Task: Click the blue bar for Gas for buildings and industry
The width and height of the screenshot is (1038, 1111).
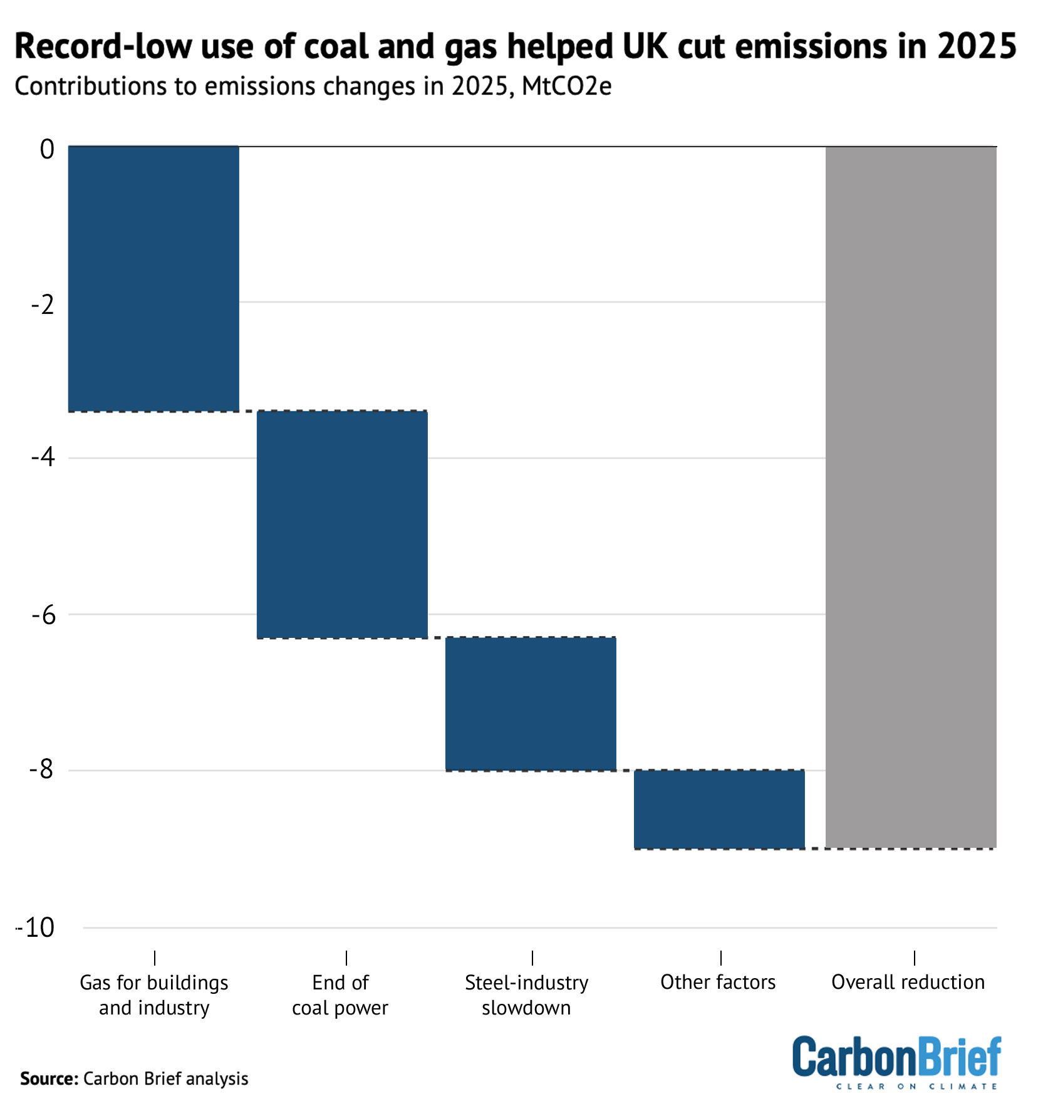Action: [x=153, y=279]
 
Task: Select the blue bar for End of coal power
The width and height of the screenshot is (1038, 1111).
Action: [x=342, y=524]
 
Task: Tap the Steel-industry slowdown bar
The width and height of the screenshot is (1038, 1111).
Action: [x=531, y=704]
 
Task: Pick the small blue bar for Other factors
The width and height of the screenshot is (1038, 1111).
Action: [x=719, y=809]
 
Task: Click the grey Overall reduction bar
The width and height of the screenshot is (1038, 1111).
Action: [x=911, y=497]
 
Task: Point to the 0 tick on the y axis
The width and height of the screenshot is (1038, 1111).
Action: [x=47, y=150]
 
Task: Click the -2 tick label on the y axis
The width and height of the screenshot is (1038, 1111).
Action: [x=43, y=305]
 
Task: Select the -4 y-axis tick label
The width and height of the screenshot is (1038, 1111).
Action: [x=43, y=457]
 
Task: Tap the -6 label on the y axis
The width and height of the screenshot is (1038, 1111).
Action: [x=43, y=615]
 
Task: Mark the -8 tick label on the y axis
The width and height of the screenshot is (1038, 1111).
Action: [x=42, y=769]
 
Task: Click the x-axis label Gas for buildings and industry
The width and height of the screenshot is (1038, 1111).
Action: [x=154, y=994]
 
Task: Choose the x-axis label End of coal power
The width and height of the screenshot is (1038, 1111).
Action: [x=340, y=994]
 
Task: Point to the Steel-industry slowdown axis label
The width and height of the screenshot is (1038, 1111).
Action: [x=526, y=994]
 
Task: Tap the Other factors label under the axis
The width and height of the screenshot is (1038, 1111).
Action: [x=718, y=982]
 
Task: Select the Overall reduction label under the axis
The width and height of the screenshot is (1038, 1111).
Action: [x=908, y=982]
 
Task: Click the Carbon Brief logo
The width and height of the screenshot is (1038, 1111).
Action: [x=896, y=1061]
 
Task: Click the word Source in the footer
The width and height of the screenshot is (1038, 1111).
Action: [x=49, y=1078]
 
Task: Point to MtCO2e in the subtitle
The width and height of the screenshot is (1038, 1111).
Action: [x=566, y=86]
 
